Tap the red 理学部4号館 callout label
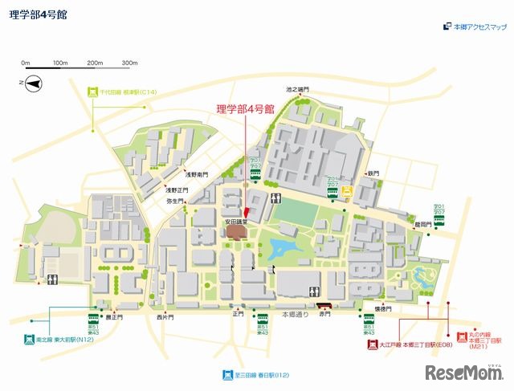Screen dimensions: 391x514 [x=245, y=108]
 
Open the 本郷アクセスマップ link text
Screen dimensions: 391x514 [x=480, y=27]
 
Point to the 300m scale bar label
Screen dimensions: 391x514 [x=129, y=63]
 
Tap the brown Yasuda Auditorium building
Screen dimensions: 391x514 [x=236, y=232]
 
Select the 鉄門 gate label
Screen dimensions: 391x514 [x=373, y=173]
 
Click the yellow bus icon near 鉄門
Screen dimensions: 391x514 [x=348, y=192]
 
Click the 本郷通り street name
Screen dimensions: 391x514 [x=294, y=315]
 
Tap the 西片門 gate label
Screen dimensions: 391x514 [x=165, y=317]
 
